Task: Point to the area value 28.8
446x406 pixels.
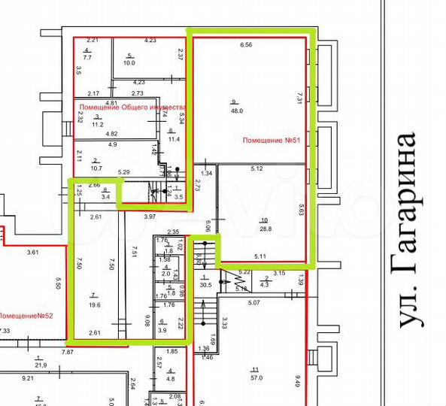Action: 264,228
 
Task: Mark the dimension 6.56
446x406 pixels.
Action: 247,45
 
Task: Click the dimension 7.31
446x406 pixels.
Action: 299,97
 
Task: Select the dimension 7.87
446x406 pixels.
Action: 68,351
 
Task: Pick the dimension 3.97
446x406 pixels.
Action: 149,217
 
